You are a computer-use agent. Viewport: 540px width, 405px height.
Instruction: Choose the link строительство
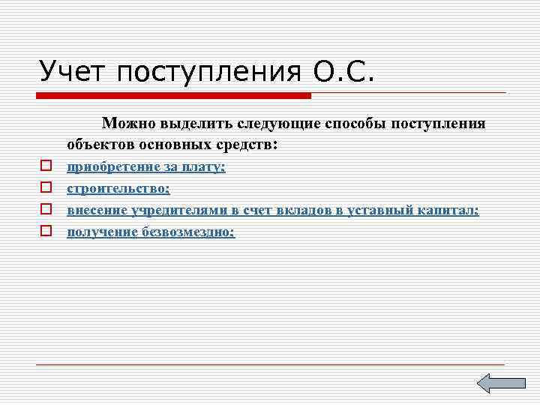(118, 189)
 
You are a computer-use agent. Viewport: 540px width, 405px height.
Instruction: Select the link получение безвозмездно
(151, 232)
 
